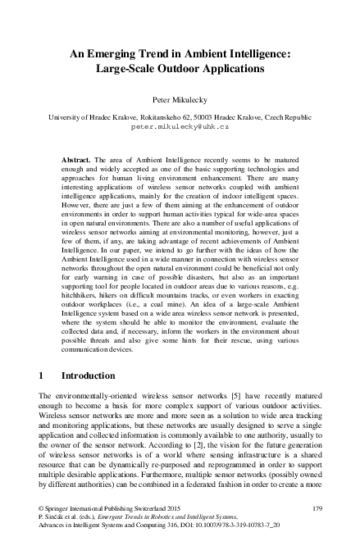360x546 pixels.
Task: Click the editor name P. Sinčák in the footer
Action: (x=57, y=519)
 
